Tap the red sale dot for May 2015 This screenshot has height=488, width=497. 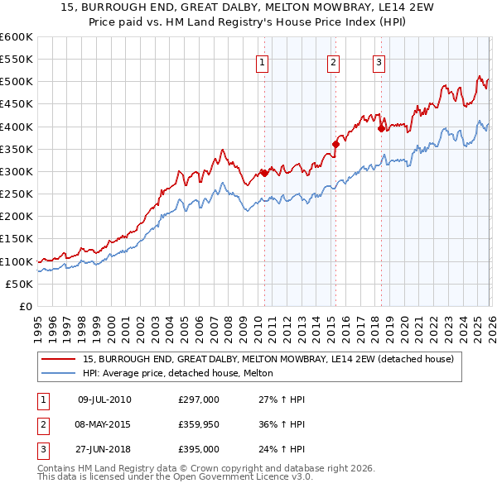[x=335, y=144]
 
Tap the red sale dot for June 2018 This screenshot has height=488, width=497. [x=381, y=128]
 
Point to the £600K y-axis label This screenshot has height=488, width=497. [x=17, y=37]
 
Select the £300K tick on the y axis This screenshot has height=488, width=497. [x=17, y=171]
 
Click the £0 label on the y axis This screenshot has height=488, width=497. [x=27, y=306]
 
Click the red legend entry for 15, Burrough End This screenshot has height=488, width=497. [x=268, y=360]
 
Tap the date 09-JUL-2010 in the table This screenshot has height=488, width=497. [x=104, y=399]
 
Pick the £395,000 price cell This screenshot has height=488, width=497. [x=199, y=449]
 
